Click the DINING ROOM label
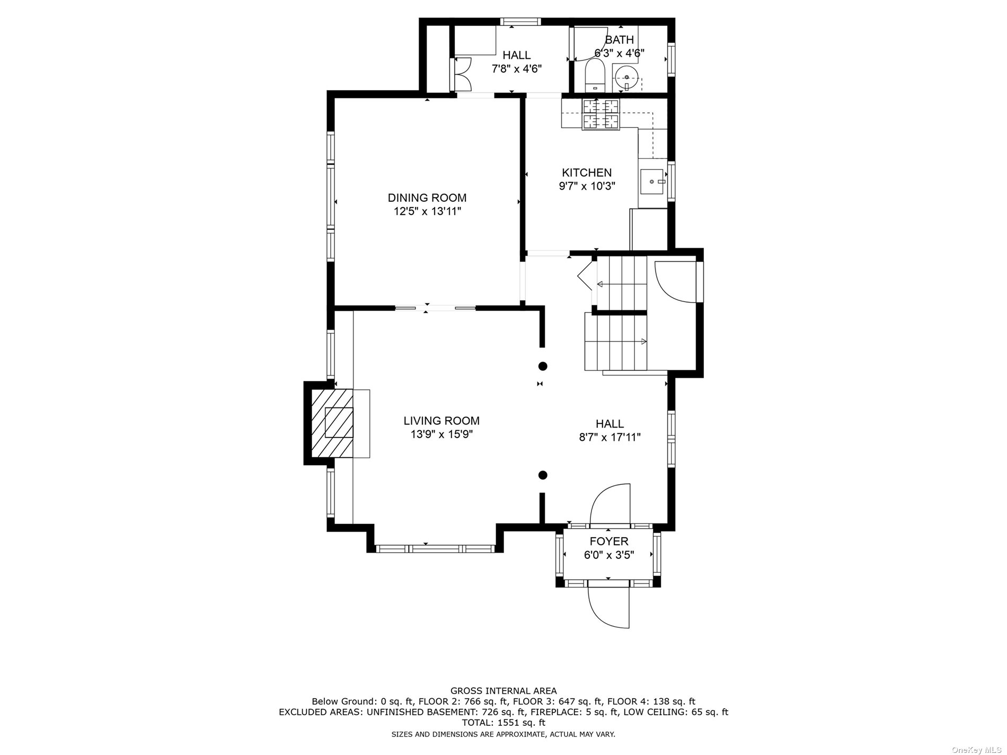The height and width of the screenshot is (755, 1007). (x=427, y=198)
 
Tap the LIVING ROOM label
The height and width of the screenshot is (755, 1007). (x=441, y=421)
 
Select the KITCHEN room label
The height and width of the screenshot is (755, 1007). (x=587, y=173)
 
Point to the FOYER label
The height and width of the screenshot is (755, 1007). (x=609, y=541)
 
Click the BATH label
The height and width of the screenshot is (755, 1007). (x=620, y=40)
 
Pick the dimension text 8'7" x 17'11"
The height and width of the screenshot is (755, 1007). (x=610, y=438)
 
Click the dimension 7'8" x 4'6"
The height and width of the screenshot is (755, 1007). (x=517, y=69)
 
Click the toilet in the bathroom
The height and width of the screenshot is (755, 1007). (x=595, y=75)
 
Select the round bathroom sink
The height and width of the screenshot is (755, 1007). (x=626, y=78)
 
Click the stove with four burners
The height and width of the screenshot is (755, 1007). (x=601, y=114)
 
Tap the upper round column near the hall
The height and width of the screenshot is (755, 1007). (x=543, y=366)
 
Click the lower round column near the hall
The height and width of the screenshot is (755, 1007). (x=543, y=475)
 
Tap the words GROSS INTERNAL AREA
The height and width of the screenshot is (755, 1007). (x=503, y=691)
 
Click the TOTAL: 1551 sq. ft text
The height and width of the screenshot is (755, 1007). (x=503, y=723)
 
